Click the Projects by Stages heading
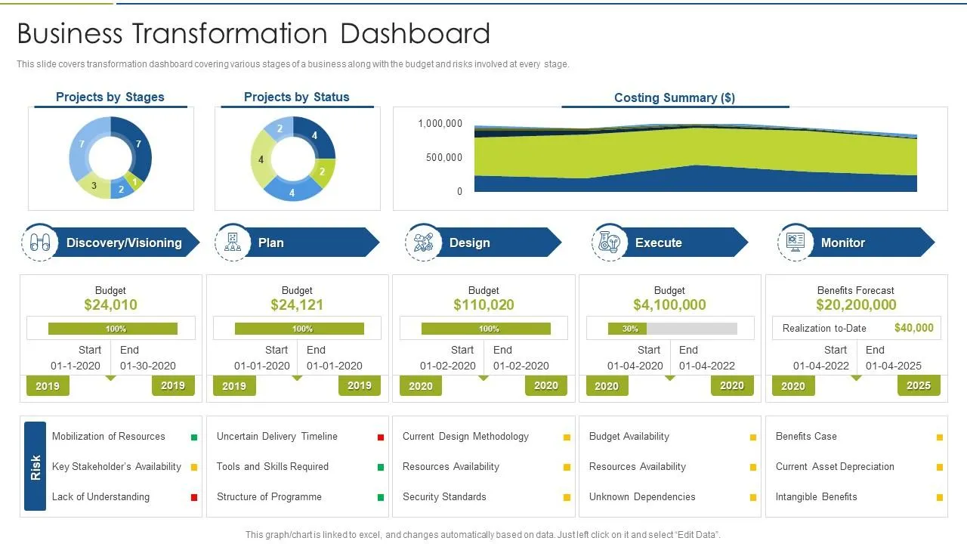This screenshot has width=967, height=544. (110, 97)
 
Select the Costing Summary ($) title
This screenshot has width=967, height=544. (674, 97)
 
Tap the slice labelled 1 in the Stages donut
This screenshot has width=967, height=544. (135, 181)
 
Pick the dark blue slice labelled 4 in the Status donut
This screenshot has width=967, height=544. (317, 138)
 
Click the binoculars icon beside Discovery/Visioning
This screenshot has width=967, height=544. (40, 243)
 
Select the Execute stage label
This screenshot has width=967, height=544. (658, 243)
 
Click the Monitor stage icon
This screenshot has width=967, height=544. (795, 243)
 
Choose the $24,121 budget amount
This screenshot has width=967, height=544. (297, 305)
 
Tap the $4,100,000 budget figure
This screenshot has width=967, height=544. (669, 305)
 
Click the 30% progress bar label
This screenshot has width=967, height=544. (630, 329)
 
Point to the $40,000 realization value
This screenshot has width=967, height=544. (913, 328)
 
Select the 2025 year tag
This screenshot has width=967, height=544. (918, 385)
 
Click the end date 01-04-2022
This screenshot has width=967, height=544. (706, 366)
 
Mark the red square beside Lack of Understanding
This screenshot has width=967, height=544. (194, 497)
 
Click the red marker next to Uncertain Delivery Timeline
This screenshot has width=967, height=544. (381, 437)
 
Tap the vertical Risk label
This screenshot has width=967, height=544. (36, 466)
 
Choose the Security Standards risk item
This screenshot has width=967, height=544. (444, 497)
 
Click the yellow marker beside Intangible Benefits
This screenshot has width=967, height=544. (940, 497)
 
